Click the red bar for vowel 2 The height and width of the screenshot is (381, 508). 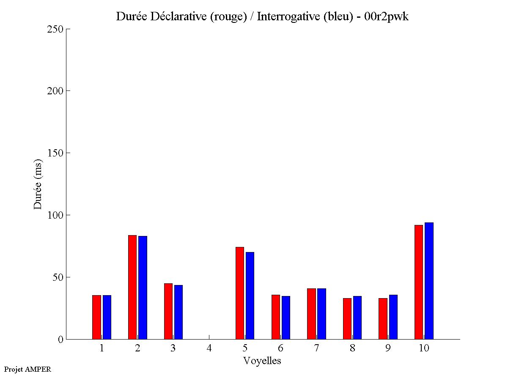tap(132, 287)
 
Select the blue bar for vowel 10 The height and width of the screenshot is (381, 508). tap(429, 281)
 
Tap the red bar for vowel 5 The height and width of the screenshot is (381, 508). tap(239, 293)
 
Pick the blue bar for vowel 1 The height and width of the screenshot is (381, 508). tap(107, 317)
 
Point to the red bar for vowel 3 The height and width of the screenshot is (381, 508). tap(168, 311)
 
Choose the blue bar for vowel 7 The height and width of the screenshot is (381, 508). tap(321, 314)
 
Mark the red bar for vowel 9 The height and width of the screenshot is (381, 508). tap(383, 318)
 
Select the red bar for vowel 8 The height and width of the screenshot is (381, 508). tap(347, 318)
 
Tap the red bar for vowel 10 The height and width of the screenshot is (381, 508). tap(419, 282)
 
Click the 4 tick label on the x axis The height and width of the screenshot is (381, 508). tap(209, 348)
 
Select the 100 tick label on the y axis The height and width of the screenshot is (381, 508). tap(55, 215)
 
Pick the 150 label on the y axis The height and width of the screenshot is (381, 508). tap(55, 153)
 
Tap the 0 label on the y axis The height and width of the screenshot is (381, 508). tap(60, 340)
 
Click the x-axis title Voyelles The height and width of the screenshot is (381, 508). tap(262, 361)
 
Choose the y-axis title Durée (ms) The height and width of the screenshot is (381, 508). tap(38, 184)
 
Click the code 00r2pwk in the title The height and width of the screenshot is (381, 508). tap(386, 17)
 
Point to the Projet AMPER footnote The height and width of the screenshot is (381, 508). tap(27, 369)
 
